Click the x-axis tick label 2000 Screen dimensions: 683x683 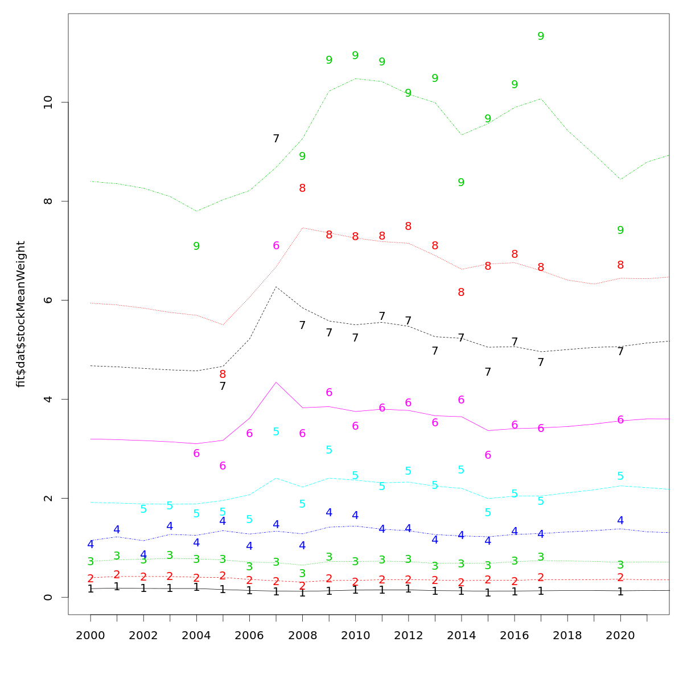[x=90, y=635]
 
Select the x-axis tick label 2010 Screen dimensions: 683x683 [x=355, y=635]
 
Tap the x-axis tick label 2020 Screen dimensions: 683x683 [x=620, y=635]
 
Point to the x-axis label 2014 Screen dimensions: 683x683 [x=461, y=635]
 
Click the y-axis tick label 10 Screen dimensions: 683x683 [x=48, y=102]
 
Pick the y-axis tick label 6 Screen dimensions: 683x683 [x=48, y=300]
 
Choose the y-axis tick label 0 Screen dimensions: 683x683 [x=48, y=597]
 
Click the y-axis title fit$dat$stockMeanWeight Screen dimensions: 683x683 [x=21, y=314]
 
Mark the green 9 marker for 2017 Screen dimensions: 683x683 [x=541, y=36]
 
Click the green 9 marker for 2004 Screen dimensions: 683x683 [x=196, y=246]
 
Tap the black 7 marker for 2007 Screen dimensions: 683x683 [x=276, y=138]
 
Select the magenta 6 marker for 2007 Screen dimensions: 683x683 [x=276, y=246]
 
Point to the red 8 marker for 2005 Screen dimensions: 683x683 [x=223, y=375]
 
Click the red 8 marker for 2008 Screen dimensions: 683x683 [x=302, y=188]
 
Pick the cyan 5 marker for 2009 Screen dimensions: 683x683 [x=329, y=450]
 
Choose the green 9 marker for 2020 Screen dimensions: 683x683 [x=620, y=230]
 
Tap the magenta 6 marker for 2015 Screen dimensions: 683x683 [x=488, y=455]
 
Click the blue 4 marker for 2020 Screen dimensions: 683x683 [x=620, y=520]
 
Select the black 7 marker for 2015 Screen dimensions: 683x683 [x=488, y=372]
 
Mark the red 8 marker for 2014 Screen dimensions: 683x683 [x=461, y=292]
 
